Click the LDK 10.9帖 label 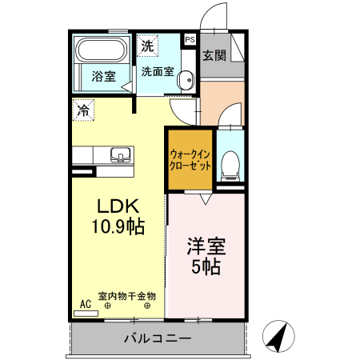pos(120,214)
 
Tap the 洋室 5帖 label pos(204,254)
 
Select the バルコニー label pos(157,339)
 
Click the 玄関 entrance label pos(214,56)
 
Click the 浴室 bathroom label pos(103,77)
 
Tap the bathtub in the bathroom pos(101,51)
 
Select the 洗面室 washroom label pos(157,71)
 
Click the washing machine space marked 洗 pos(147,46)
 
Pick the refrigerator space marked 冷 pos(84,110)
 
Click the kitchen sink pos(120,154)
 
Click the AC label pos(86,304)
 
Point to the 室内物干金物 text pos(127,296)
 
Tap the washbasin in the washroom pos(186,80)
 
